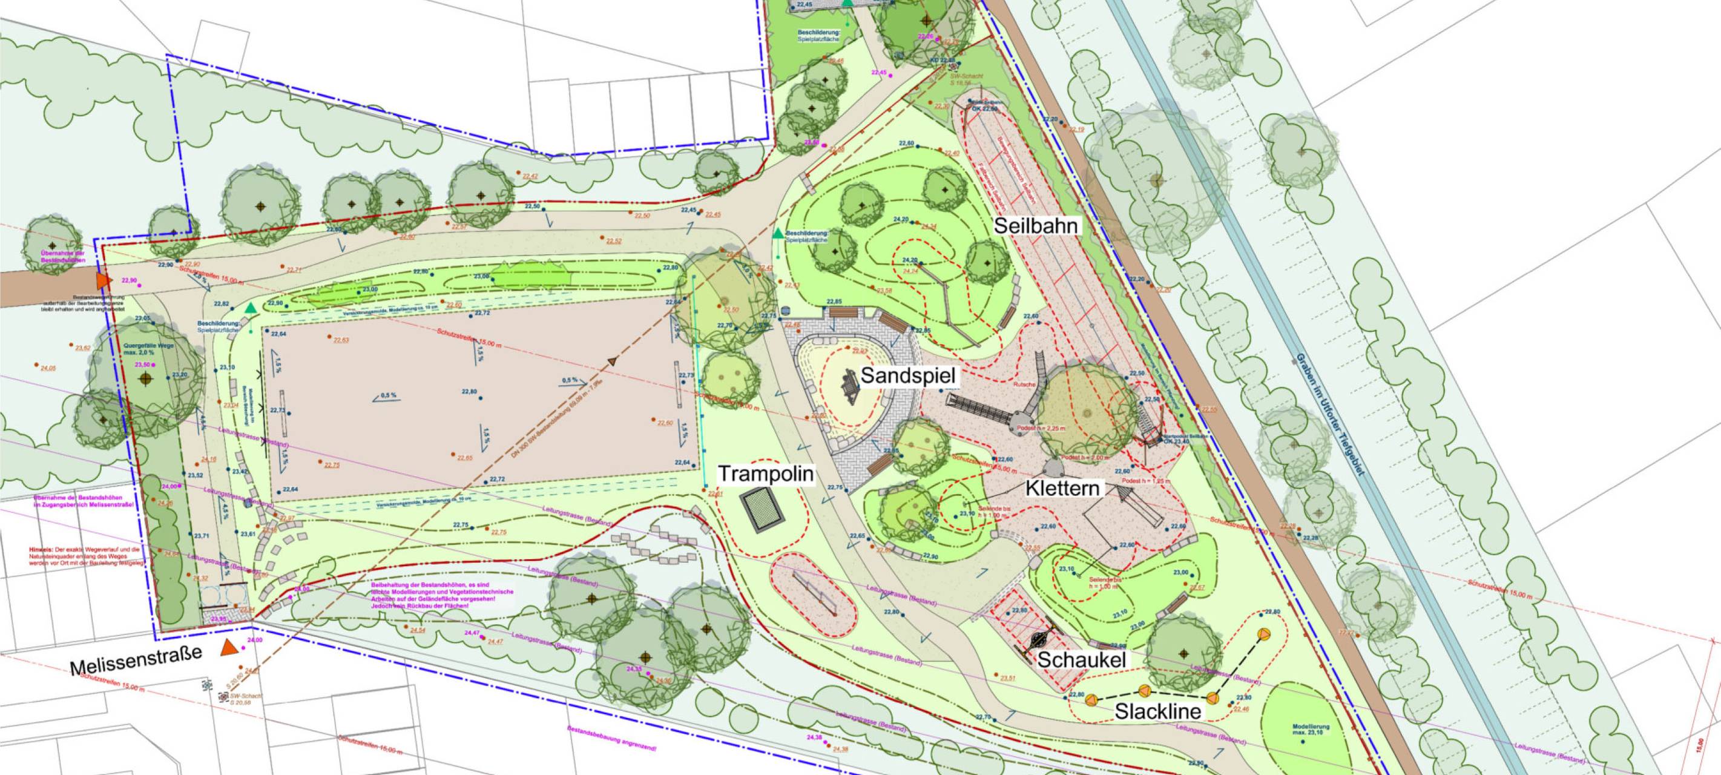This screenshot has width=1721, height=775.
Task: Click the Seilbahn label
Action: (x=1036, y=226)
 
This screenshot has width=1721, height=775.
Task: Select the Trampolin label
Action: (x=766, y=473)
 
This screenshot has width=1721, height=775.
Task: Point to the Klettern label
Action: (x=1062, y=489)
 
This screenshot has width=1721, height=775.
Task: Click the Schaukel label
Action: (x=1081, y=660)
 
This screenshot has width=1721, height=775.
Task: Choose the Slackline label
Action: (x=1158, y=711)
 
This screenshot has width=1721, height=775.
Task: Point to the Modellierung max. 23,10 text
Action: (x=1310, y=729)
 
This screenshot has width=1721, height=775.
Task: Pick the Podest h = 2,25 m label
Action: (x=1040, y=427)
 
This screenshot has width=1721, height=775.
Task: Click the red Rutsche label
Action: (x=1024, y=385)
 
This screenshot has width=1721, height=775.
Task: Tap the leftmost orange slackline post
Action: (x=1091, y=699)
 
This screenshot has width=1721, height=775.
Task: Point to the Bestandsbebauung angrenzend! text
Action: (x=611, y=738)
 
